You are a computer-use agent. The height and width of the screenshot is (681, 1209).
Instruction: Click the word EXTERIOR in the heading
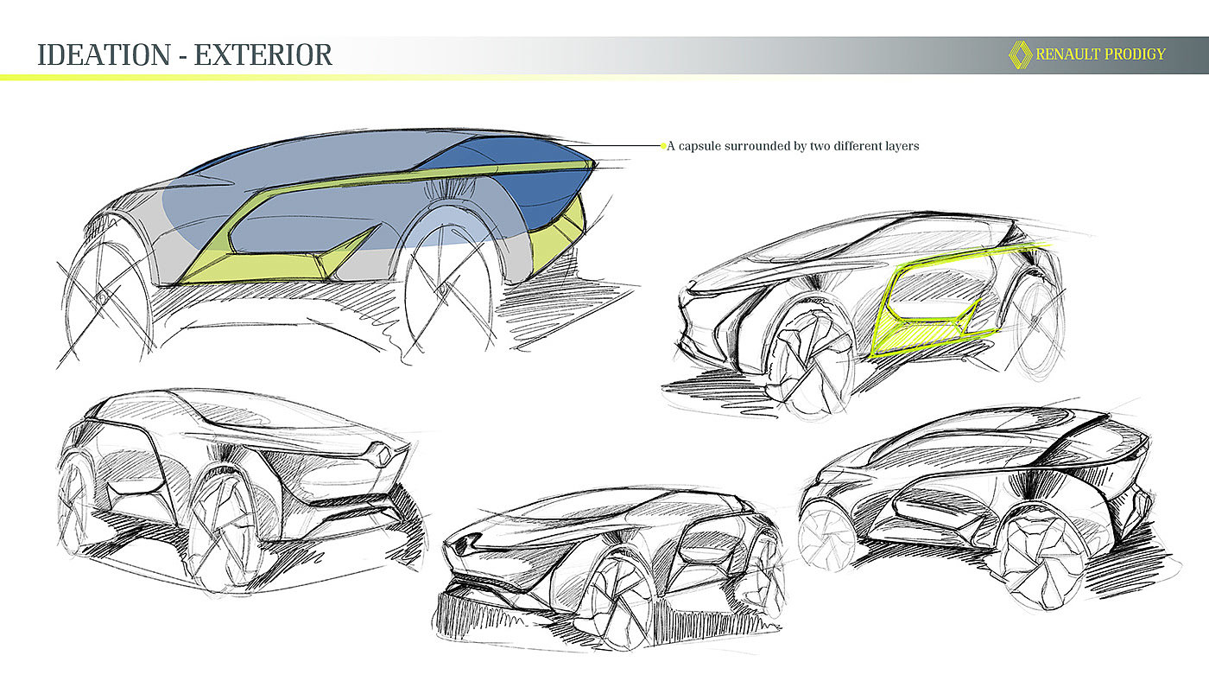coord(263,54)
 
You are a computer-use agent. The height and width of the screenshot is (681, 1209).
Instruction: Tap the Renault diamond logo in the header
coord(1020,54)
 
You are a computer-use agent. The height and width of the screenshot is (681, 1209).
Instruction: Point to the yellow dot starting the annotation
coord(663,146)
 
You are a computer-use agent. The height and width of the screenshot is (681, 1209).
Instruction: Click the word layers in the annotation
coord(899,146)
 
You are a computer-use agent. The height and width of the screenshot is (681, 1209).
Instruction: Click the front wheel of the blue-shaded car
coord(450,286)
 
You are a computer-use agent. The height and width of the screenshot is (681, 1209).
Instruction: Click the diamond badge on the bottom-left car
coord(378,453)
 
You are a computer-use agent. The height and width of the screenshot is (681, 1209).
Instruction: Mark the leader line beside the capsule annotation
coord(626,146)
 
